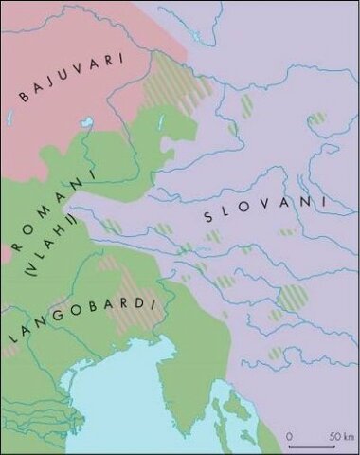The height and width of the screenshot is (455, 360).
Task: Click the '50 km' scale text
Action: [x=340, y=435]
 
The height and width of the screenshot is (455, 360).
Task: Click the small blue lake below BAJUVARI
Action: [x=87, y=124]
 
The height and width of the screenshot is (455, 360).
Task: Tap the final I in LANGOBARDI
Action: [x=153, y=300]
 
